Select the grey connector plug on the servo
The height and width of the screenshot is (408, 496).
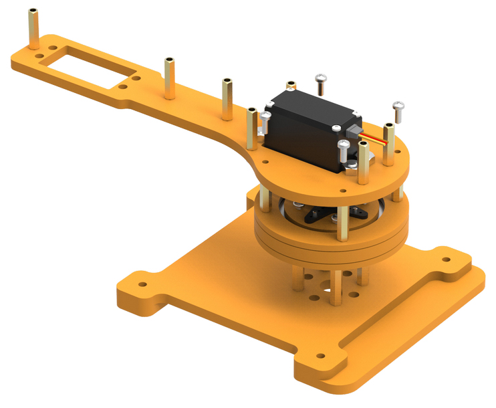(354, 131)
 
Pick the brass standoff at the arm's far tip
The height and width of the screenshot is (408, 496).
(33, 30)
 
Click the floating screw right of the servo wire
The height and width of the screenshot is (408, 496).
(399, 110)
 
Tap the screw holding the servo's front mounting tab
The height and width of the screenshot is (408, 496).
(344, 148)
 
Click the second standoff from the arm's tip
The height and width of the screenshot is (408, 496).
(170, 78)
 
